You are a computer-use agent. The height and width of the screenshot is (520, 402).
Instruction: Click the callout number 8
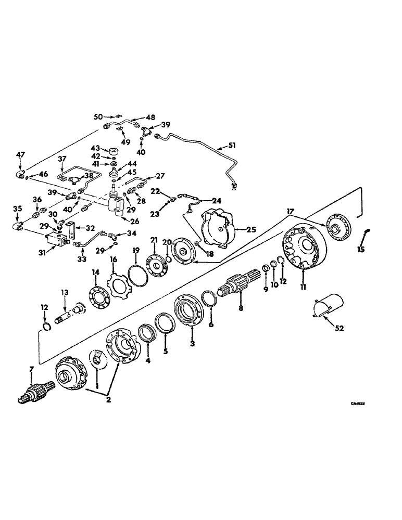tap(241, 308)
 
